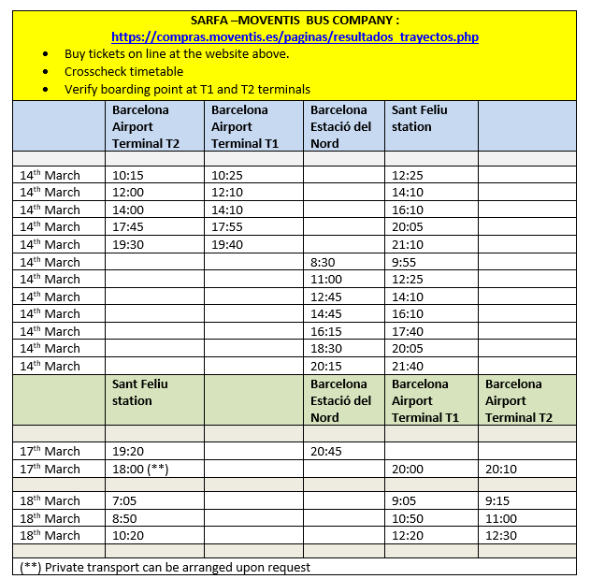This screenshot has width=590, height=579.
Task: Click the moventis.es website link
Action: [295, 36]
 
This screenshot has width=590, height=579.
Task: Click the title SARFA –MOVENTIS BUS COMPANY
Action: [295, 20]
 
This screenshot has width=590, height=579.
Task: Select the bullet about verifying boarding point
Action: [187, 89]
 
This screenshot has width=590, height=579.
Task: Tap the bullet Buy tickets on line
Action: [177, 53]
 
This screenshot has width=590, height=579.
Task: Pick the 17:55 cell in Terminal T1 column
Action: [226, 226]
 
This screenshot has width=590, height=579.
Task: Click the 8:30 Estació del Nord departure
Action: [324, 262]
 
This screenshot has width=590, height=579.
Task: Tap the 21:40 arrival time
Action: [408, 366]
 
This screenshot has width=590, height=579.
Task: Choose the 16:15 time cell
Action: [326, 331]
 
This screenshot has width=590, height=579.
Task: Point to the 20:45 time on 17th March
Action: [326, 451]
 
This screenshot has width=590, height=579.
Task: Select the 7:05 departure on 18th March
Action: [123, 500]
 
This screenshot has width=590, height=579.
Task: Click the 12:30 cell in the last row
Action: [501, 535]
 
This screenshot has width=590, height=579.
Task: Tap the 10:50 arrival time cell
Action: [408, 518]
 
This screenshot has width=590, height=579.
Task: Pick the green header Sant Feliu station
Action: [133, 392]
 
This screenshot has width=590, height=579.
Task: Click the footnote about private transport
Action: [165, 567]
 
